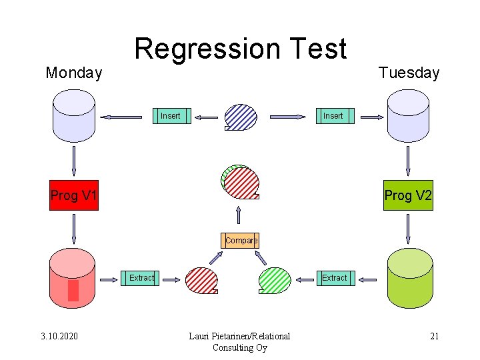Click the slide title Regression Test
pos(241,49)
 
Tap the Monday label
pos(73,73)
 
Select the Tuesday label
pos(409,73)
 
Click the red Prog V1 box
pos(74,195)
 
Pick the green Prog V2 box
pos(408,195)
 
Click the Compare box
pos(241,240)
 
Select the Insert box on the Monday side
pos(170,116)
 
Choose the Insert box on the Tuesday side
pos(333,116)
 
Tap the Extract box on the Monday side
pos(141,278)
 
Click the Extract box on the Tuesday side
pos(334,278)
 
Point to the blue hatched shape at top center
pos(241,117)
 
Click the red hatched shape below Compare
pos(201,280)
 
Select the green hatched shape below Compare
pos(275,280)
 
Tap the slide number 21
pos(434,335)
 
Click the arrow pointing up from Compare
pos(239,215)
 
